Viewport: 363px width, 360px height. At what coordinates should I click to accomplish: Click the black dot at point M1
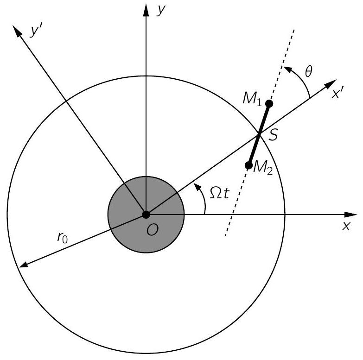coord(269,104)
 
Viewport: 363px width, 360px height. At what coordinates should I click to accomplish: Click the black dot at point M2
coord(248,165)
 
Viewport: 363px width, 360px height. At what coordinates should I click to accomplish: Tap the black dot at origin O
coord(146,215)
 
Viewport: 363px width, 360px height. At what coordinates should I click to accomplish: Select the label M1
coord(252,100)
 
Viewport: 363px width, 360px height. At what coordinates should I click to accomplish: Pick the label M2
coord(263,167)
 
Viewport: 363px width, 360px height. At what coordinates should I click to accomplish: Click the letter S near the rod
coord(273,135)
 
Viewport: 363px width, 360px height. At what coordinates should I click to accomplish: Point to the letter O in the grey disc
coord(153,230)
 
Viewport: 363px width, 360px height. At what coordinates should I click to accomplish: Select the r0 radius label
coord(62,237)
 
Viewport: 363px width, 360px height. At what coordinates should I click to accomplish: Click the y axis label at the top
coord(161,10)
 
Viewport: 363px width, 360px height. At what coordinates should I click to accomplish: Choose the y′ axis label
coord(35,31)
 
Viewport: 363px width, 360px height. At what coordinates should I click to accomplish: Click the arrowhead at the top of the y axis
coord(146,10)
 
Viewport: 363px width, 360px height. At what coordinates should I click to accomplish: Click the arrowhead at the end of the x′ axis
coord(331,84)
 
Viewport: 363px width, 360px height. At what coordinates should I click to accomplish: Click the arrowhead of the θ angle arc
coord(287,69)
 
